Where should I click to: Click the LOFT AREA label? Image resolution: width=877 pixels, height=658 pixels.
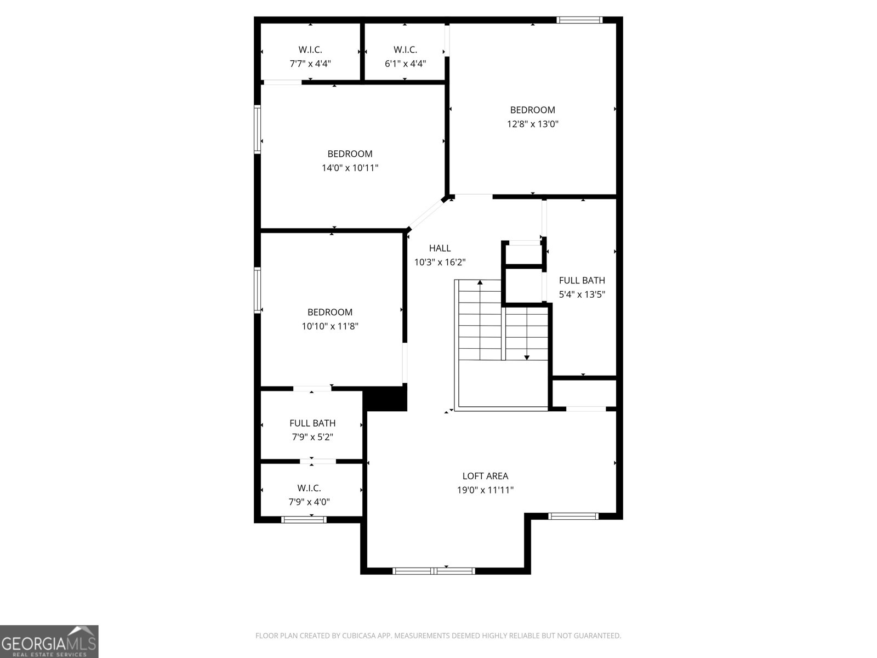click(x=485, y=476)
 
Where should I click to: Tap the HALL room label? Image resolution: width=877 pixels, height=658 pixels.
click(x=440, y=248)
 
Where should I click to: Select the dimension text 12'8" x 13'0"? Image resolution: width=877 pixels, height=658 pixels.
click(x=532, y=124)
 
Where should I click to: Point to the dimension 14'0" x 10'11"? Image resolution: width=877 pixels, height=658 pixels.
click(x=350, y=168)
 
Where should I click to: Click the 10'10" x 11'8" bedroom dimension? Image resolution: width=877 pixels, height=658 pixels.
click(x=329, y=326)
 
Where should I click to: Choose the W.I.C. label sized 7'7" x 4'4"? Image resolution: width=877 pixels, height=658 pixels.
click(x=310, y=50)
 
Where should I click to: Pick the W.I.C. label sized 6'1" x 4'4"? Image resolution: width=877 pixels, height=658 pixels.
click(x=405, y=50)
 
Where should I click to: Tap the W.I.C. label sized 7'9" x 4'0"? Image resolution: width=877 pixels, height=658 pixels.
click(x=309, y=488)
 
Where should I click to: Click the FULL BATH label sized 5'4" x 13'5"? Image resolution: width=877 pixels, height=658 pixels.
click(x=582, y=280)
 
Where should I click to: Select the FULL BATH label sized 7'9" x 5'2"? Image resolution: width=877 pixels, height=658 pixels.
click(x=312, y=423)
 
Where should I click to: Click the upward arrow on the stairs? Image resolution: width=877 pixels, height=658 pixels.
click(x=480, y=283)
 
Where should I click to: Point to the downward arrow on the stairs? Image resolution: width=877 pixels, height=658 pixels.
click(x=527, y=357)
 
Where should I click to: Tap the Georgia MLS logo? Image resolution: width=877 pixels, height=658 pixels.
click(x=49, y=641)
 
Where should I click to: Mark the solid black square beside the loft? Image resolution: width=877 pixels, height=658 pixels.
click(x=386, y=399)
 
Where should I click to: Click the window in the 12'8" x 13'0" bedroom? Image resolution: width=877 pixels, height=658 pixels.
click(x=579, y=20)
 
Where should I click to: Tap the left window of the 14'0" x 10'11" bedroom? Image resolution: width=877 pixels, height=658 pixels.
click(x=257, y=129)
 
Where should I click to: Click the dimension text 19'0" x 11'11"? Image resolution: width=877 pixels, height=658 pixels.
click(x=485, y=490)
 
